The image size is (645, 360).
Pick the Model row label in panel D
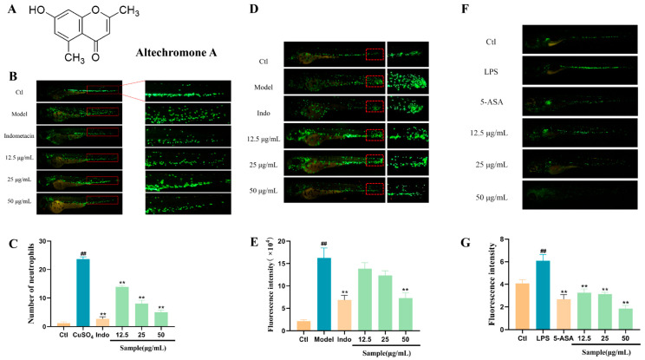[270, 83]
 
